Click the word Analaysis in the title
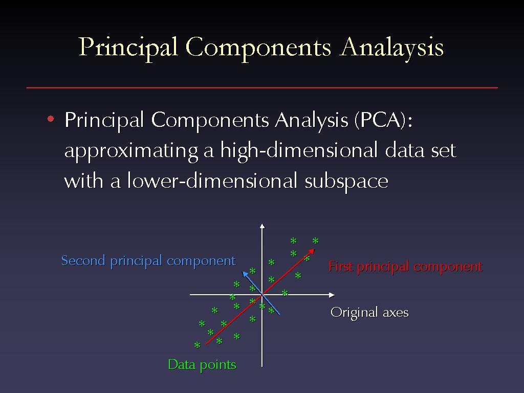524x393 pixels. coord(391,48)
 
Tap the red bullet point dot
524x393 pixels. coord(51,119)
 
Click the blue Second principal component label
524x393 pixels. coord(149,261)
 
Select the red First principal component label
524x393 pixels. coord(405,267)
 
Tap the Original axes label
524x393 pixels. coord(369,313)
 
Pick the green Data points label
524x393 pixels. coord(202,365)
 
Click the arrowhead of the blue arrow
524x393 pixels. coord(245,274)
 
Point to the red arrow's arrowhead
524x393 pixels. coord(312,251)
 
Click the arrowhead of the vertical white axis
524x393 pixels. coord(263,226)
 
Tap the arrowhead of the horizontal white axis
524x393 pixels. coord(332,295)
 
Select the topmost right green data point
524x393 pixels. coord(315,241)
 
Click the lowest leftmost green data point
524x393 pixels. coord(198,345)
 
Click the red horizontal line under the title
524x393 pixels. coord(262,88)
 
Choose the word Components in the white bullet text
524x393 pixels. coord(210,120)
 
